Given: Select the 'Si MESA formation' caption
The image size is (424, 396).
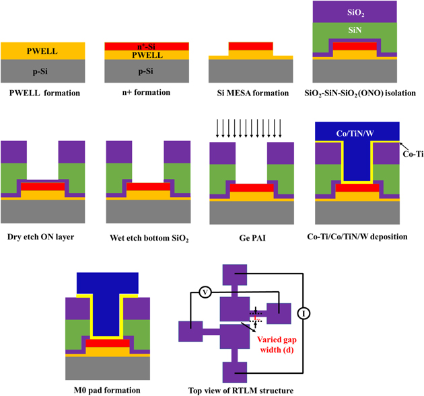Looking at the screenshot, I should [250, 91].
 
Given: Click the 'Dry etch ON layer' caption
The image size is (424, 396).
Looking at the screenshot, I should [40, 237].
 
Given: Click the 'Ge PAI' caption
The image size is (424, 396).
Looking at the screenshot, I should [250, 237].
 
